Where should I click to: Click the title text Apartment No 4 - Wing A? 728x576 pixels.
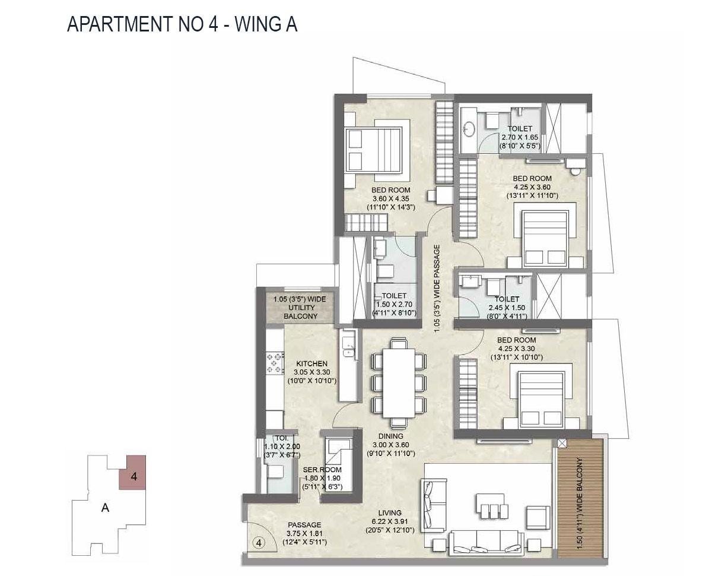182,24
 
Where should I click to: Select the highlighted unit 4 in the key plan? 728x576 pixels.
133,473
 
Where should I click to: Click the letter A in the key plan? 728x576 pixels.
105,508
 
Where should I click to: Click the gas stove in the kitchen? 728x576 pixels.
276,363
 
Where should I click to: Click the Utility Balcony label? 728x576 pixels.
300,308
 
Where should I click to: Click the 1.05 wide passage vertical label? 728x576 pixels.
437,289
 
